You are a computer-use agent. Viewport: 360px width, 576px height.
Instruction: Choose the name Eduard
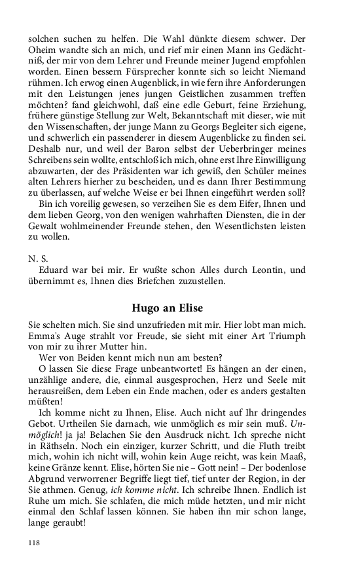[54, 269]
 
